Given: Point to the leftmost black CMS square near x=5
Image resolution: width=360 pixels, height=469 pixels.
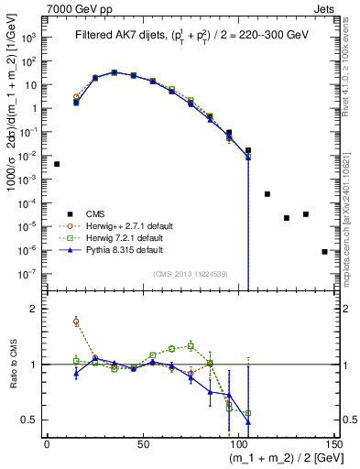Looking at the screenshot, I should click(57, 164).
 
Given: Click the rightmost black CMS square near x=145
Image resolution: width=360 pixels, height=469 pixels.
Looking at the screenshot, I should click(324, 251).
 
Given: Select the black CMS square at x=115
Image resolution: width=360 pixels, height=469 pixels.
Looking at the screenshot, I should click(267, 194).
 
